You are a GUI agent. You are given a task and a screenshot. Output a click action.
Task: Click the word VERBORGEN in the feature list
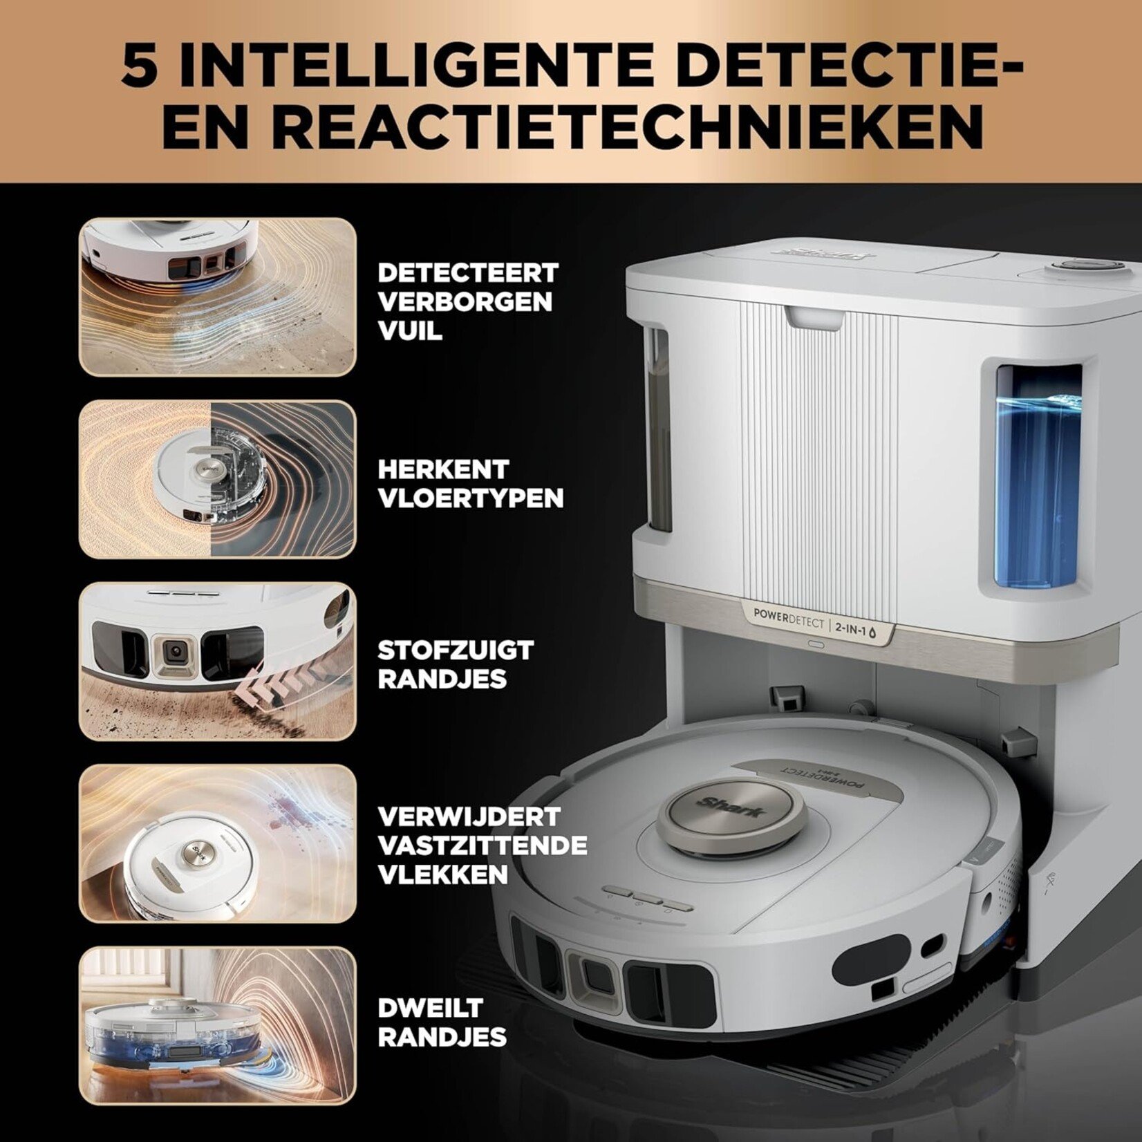click(x=465, y=302)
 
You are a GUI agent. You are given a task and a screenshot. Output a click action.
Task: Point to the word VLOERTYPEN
click(x=470, y=498)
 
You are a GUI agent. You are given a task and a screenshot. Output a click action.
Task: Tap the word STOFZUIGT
click(x=456, y=650)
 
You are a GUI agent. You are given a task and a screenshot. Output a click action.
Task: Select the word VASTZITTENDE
click(x=483, y=845)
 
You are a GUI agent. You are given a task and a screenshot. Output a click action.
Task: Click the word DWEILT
click(x=429, y=1007)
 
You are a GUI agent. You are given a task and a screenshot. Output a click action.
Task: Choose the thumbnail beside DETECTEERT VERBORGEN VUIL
click(x=218, y=297)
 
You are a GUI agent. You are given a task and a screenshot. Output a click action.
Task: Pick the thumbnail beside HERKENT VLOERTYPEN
click(x=218, y=479)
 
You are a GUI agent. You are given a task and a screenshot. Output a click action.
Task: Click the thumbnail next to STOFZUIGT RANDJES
click(x=218, y=661)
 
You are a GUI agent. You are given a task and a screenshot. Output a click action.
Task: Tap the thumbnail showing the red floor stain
click(x=218, y=843)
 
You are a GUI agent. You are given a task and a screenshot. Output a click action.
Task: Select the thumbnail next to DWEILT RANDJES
click(x=218, y=1026)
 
